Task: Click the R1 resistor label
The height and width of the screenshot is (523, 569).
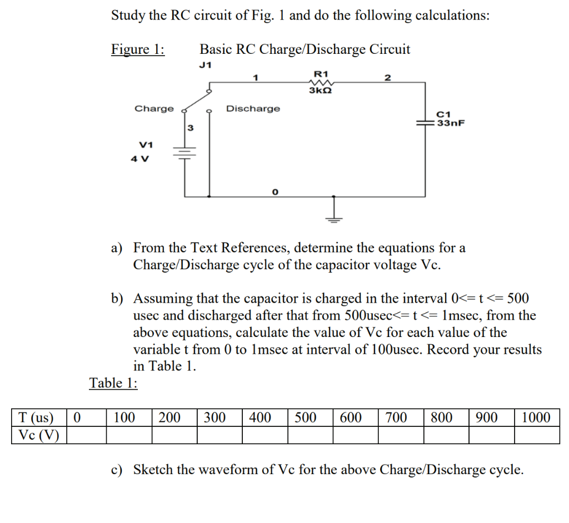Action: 321,73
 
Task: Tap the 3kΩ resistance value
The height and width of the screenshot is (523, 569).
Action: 321,90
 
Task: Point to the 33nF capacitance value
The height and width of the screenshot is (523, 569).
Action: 450,123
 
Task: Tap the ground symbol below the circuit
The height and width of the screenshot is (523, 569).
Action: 333,218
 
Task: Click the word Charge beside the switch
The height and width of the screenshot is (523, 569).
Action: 154,108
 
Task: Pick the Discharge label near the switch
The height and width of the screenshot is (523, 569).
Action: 253,108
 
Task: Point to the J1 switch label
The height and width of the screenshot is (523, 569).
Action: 205,65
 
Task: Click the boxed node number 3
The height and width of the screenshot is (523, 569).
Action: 190,128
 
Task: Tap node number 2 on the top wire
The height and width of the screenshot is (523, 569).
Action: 388,78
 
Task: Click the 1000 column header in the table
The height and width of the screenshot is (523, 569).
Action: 536,418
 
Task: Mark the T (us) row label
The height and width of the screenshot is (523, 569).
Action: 37,418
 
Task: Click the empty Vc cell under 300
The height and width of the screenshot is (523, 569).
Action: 219,435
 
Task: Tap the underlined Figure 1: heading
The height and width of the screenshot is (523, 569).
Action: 138,49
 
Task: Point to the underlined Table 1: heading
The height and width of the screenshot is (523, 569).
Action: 114,383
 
